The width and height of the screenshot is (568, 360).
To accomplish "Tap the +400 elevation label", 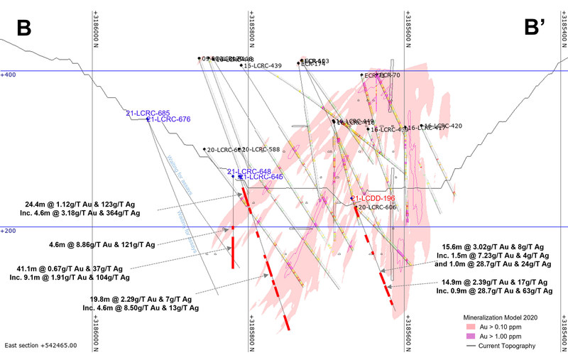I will (9, 74).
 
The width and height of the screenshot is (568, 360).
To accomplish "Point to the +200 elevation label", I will (9, 230).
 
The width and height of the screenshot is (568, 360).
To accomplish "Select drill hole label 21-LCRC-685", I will (148, 113).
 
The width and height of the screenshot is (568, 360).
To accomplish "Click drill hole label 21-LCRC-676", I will (171, 119).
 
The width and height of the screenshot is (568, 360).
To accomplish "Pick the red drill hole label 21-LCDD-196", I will (374, 198).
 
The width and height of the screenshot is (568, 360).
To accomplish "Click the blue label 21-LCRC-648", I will (249, 171).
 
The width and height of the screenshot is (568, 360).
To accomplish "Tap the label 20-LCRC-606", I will (377, 207).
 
